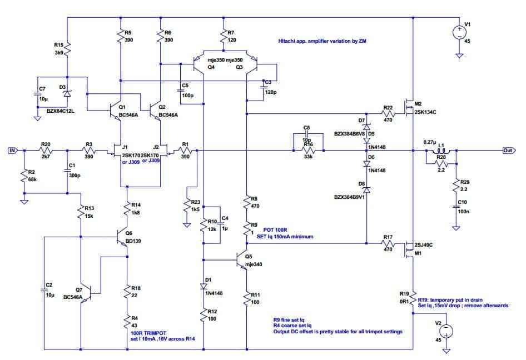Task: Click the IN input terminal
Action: (x=12, y=151)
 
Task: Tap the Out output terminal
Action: (x=509, y=151)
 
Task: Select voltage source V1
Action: (x=459, y=33)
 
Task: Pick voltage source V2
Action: (x=446, y=332)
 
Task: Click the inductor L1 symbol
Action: (x=441, y=150)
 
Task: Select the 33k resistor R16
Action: (x=308, y=151)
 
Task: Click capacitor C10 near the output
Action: (x=456, y=207)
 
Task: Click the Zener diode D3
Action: (x=67, y=93)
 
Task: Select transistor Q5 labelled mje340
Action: (x=241, y=260)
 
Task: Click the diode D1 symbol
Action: (x=204, y=286)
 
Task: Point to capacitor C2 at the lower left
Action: (x=44, y=289)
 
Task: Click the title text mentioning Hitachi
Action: (x=322, y=41)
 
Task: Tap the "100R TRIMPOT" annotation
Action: (x=148, y=333)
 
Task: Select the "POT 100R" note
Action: (x=275, y=230)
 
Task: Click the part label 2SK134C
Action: (x=425, y=112)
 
